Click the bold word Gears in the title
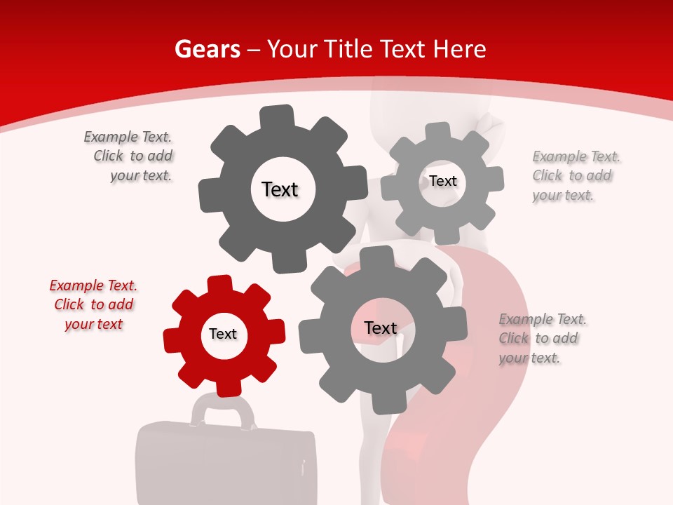[x=207, y=49]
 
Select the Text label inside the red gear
[x=223, y=334]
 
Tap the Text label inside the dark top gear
[x=280, y=189]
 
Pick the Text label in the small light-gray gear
[x=443, y=181]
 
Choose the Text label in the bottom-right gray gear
[x=381, y=328]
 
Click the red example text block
[x=93, y=304]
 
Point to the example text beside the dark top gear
[x=129, y=156]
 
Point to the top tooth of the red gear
[x=219, y=283]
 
